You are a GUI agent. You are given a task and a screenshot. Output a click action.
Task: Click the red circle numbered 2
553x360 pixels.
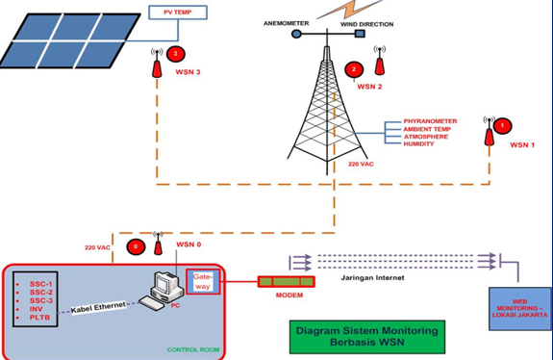[x=355, y=69]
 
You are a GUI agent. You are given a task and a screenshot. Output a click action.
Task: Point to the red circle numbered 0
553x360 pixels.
[x=136, y=247]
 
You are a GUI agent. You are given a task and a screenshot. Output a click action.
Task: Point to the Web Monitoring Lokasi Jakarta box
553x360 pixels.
[x=520, y=308]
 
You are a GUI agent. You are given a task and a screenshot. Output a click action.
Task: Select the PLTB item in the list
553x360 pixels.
[x=39, y=317]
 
